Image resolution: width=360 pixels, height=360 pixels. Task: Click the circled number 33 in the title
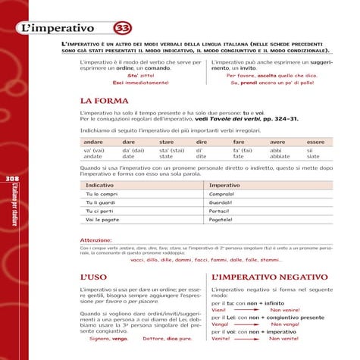(122, 29)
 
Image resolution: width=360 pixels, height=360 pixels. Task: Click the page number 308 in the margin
(11, 178)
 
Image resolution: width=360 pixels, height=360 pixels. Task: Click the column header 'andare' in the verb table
(93, 142)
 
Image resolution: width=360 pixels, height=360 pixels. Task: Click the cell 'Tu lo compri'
(102, 195)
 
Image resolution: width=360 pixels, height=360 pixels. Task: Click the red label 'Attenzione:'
(95, 240)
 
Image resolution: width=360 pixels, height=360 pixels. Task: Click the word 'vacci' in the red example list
(139, 259)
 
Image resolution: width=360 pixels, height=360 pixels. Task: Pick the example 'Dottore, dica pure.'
(167, 339)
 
